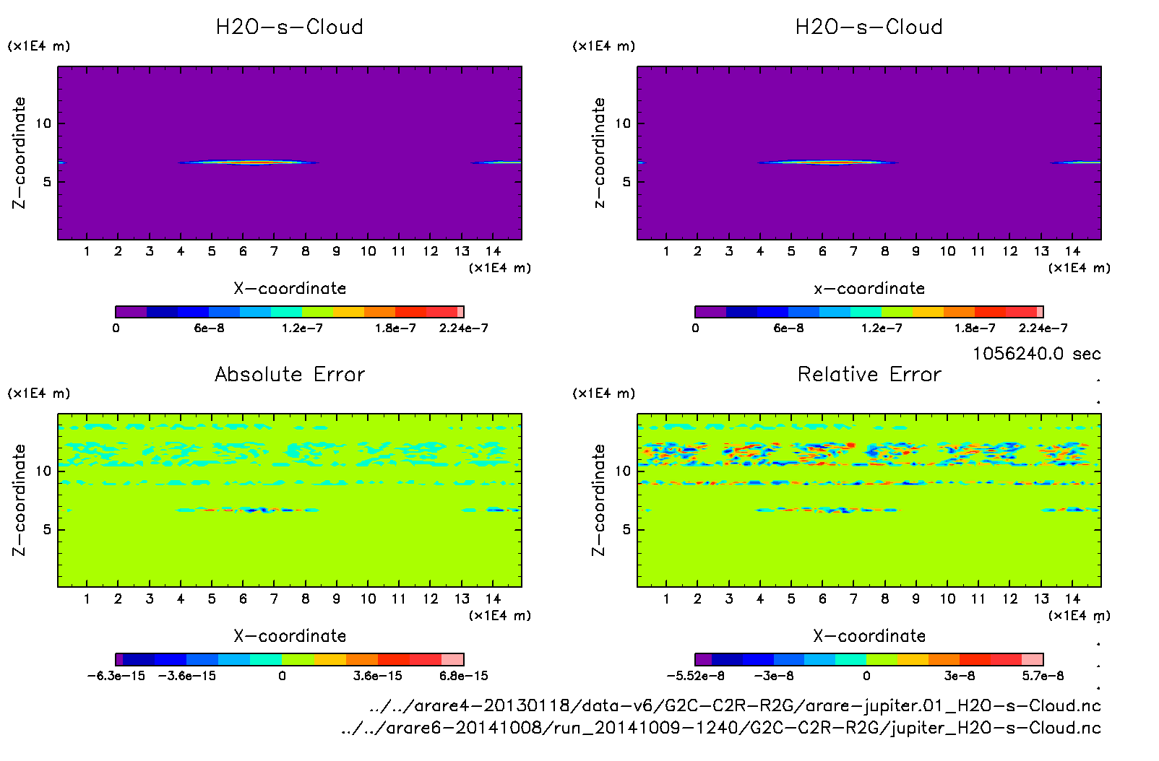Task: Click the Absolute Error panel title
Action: click(x=290, y=374)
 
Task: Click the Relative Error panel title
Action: click(x=869, y=374)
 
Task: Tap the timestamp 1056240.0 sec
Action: click(x=1036, y=354)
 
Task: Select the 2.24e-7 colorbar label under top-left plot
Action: click(x=463, y=328)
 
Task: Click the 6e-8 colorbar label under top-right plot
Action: click(x=788, y=328)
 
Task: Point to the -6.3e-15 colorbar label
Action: click(x=116, y=676)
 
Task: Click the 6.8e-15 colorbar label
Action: click(x=463, y=676)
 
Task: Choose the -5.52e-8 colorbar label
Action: click(x=695, y=676)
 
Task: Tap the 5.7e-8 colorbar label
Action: click(x=1043, y=676)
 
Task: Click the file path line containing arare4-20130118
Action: click(x=734, y=705)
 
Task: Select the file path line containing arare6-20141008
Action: click(x=720, y=728)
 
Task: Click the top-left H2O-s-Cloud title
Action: click(x=290, y=27)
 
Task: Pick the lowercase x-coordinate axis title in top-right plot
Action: click(x=869, y=288)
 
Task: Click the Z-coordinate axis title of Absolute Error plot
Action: click(x=19, y=500)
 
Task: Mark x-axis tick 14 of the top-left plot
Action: click(x=493, y=251)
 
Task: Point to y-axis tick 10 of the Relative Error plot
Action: click(x=623, y=471)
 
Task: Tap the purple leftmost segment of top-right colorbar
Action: click(x=710, y=312)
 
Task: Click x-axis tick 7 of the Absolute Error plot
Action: click(x=274, y=599)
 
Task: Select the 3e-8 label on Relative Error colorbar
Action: click(x=960, y=676)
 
